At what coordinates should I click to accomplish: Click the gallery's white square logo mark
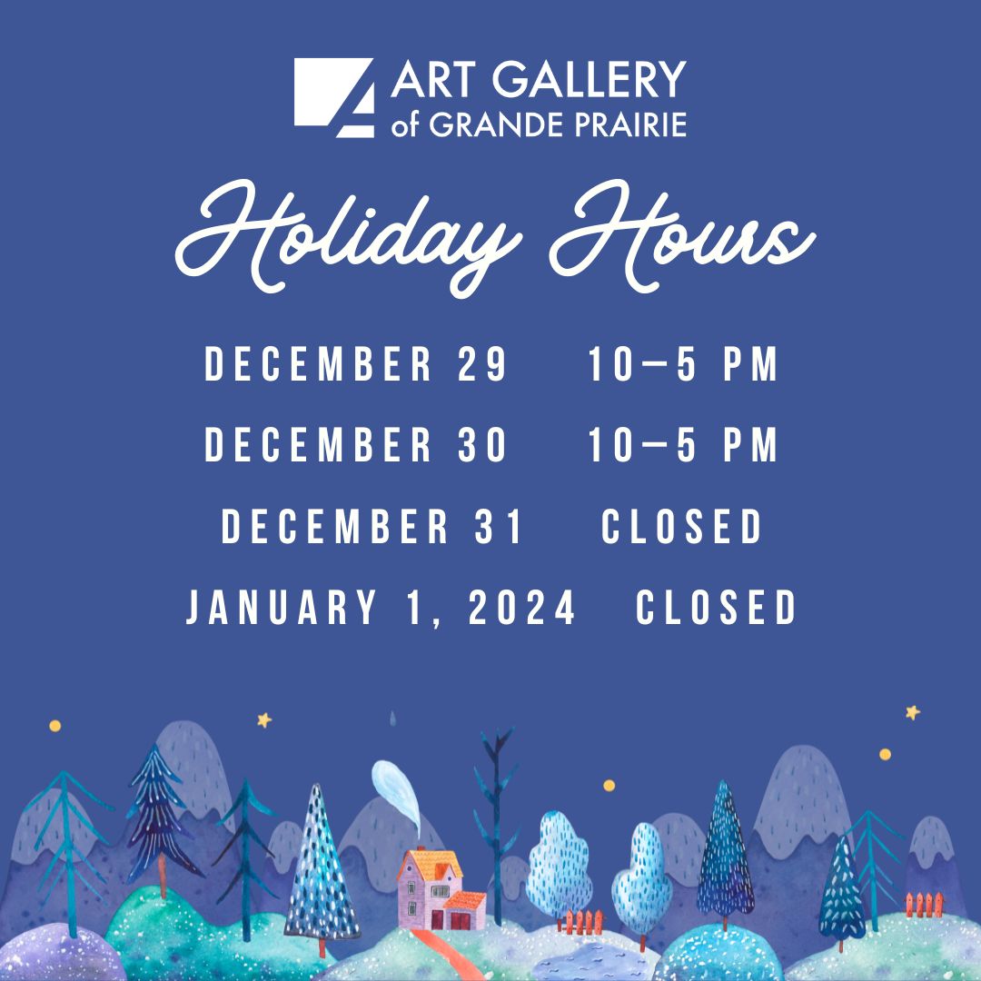click(334, 97)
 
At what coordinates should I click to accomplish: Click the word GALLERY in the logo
click(590, 79)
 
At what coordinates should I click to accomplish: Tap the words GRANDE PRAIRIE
click(558, 124)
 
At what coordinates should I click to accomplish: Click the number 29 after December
click(481, 363)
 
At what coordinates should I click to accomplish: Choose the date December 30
click(355, 445)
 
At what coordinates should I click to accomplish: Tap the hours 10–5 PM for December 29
click(682, 363)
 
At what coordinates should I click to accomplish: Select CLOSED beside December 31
click(681, 526)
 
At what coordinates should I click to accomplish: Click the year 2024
click(521, 607)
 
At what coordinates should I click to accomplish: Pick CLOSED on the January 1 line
click(716, 607)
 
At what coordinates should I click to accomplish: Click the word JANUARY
click(281, 607)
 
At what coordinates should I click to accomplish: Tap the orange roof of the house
click(431, 866)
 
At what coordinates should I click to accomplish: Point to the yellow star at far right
click(913, 712)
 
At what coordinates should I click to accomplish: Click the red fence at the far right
click(924, 905)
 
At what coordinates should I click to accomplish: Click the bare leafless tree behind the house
click(496, 826)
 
